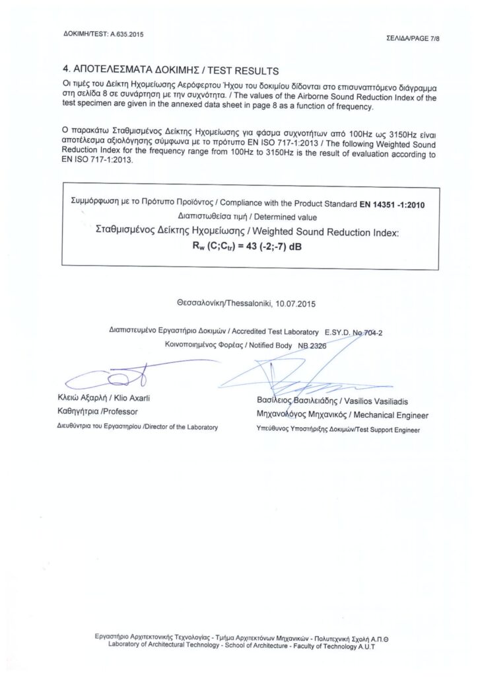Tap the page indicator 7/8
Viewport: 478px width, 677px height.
(x=432, y=39)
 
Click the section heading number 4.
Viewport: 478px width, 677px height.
(x=65, y=69)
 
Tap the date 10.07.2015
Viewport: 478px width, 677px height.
(x=297, y=305)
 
